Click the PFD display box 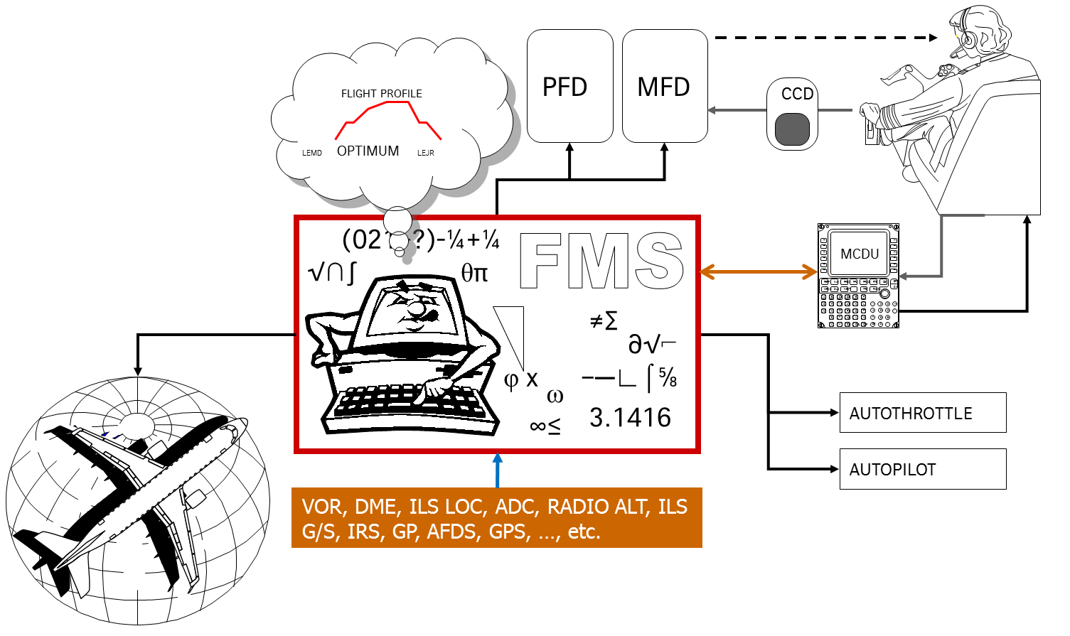point(569,86)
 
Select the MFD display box point(664,86)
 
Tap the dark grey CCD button point(792,130)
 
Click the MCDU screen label point(859,254)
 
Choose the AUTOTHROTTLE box point(922,412)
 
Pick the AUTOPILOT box point(922,469)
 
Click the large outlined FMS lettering point(601,261)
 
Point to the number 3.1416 point(630,418)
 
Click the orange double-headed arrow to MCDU point(759,271)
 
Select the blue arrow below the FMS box point(498,470)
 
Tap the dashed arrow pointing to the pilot point(825,38)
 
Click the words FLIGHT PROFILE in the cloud point(381,94)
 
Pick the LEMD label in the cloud point(311,153)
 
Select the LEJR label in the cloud point(425,153)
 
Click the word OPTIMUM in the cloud point(368,151)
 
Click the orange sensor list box point(496,518)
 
